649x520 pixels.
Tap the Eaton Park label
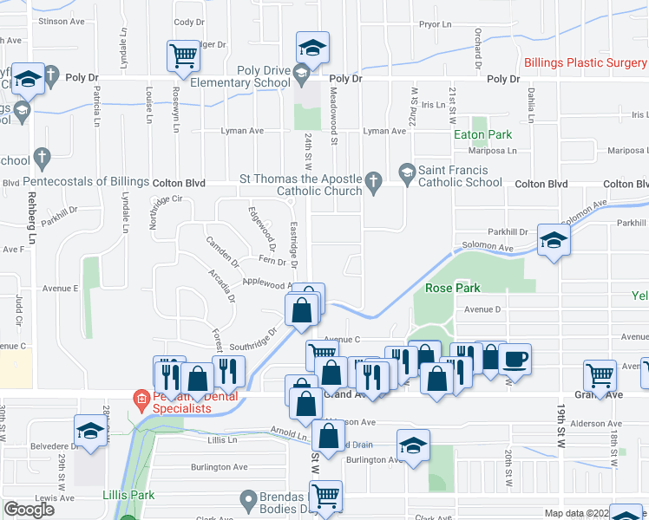point(483,134)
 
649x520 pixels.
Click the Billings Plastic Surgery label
point(586,62)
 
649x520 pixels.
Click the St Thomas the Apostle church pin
point(374,181)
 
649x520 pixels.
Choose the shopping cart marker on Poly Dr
point(184,57)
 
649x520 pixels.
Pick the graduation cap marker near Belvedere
point(89,431)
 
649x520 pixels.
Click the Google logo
point(29,510)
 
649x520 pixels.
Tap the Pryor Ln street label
point(436,25)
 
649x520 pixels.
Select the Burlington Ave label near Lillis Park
point(220,466)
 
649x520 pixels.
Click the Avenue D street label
point(483,309)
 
